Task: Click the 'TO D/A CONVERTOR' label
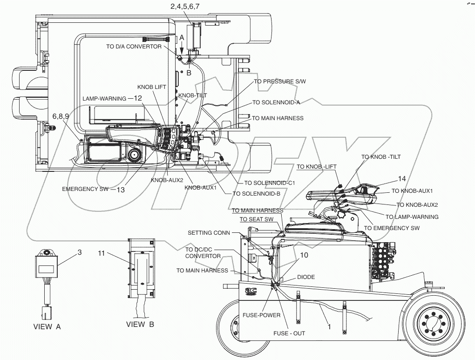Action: pos(134,46)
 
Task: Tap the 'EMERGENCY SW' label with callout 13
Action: pos(84,189)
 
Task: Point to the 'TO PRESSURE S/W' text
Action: pos(279,81)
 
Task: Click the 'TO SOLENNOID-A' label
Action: pos(276,102)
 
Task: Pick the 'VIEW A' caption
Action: pos(47,326)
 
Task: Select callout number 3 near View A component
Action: pos(80,252)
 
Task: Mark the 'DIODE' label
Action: pos(305,277)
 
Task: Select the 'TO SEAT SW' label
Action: pos(257,219)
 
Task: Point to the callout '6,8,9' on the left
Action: pos(61,115)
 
